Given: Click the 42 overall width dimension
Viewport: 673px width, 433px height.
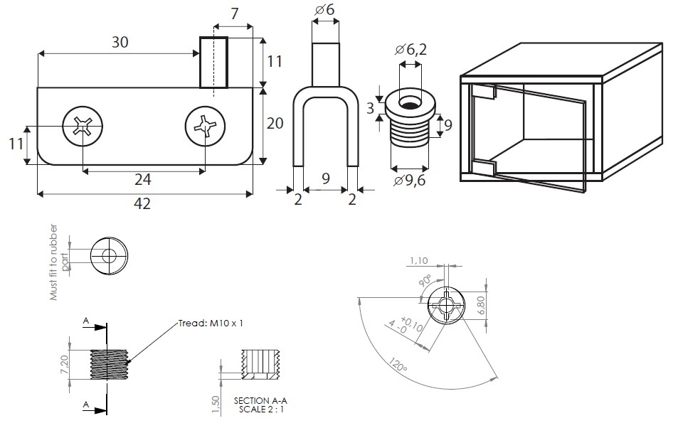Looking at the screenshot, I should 143,204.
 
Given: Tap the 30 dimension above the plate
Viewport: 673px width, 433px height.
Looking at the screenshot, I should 120,42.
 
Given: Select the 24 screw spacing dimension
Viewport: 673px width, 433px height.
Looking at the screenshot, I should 144,180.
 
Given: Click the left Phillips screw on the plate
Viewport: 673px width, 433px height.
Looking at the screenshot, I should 82,128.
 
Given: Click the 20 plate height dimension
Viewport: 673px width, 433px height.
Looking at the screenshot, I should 275,123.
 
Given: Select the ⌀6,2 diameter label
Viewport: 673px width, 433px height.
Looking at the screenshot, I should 412,49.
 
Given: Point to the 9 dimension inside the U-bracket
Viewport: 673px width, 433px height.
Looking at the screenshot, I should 325,178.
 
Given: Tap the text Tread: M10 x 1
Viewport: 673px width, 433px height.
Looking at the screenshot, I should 212,324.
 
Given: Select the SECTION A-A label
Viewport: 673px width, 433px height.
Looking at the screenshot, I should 261,401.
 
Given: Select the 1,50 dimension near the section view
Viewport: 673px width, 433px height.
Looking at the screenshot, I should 216,403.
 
